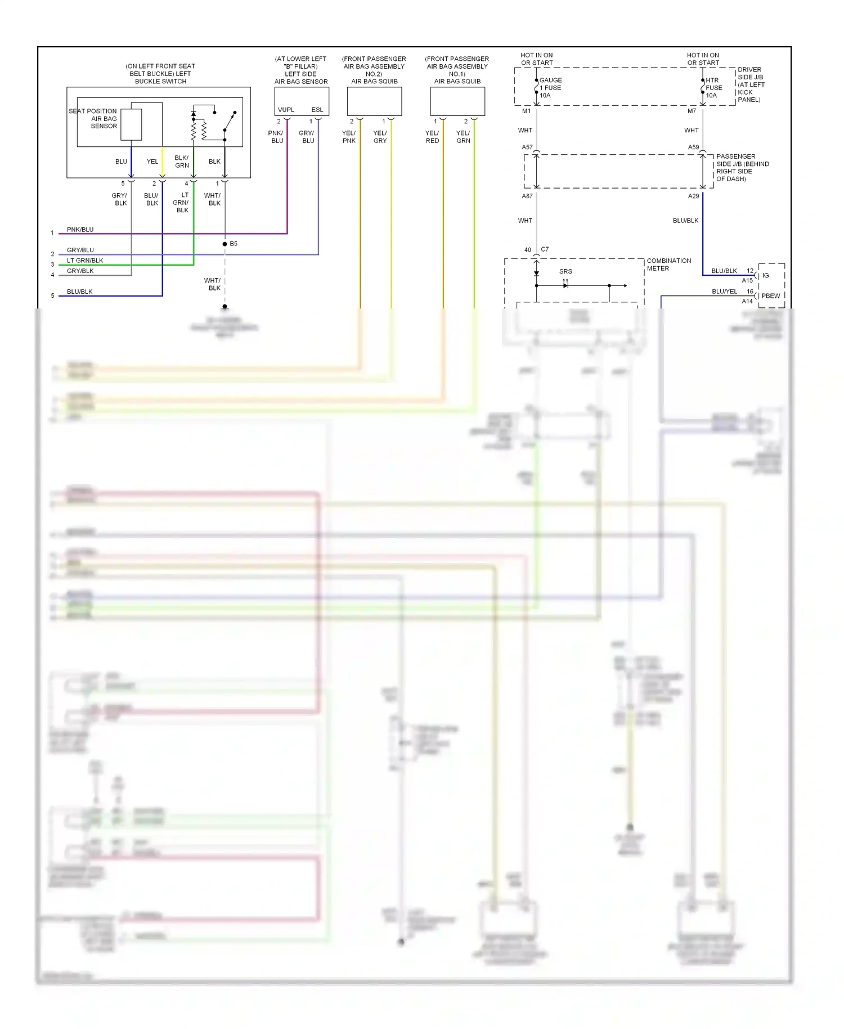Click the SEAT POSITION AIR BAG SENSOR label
pyautogui.click(x=93, y=119)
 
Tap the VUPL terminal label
pyautogui.click(x=286, y=110)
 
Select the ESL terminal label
pyautogui.click(x=317, y=110)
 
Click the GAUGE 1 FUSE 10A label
pyautogui.click(x=550, y=88)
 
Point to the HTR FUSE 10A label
pyautogui.click(x=713, y=88)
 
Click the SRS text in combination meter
pyautogui.click(x=565, y=271)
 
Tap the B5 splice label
pyautogui.click(x=234, y=244)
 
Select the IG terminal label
pyautogui.click(x=765, y=275)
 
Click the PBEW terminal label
pyautogui.click(x=770, y=296)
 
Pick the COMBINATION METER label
pyautogui.click(x=668, y=265)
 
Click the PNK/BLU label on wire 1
pyautogui.click(x=80, y=230)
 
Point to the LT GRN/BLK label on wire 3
pyautogui.click(x=85, y=261)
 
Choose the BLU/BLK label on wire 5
pyautogui.click(x=79, y=292)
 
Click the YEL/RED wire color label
pyautogui.click(x=432, y=137)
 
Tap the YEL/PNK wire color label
pyautogui.click(x=349, y=137)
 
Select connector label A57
pyautogui.click(x=527, y=147)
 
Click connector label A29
pyautogui.click(x=693, y=196)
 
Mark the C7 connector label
pyautogui.click(x=545, y=249)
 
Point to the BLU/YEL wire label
pyautogui.click(x=724, y=292)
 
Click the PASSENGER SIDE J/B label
pyautogui.click(x=742, y=168)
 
